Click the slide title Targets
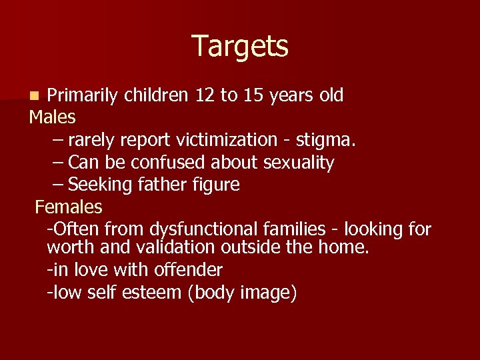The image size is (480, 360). [240, 47]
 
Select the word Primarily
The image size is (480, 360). [85, 95]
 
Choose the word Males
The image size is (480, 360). [52, 117]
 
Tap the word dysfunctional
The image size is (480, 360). [205, 229]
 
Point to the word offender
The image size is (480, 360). [186, 269]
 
